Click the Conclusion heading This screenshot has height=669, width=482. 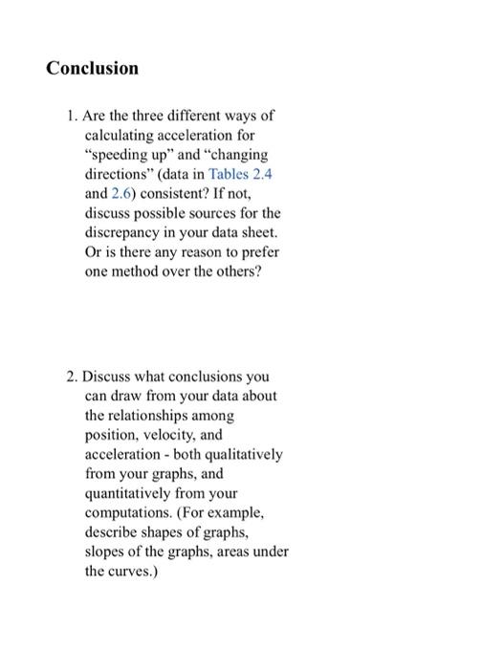(x=93, y=68)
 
